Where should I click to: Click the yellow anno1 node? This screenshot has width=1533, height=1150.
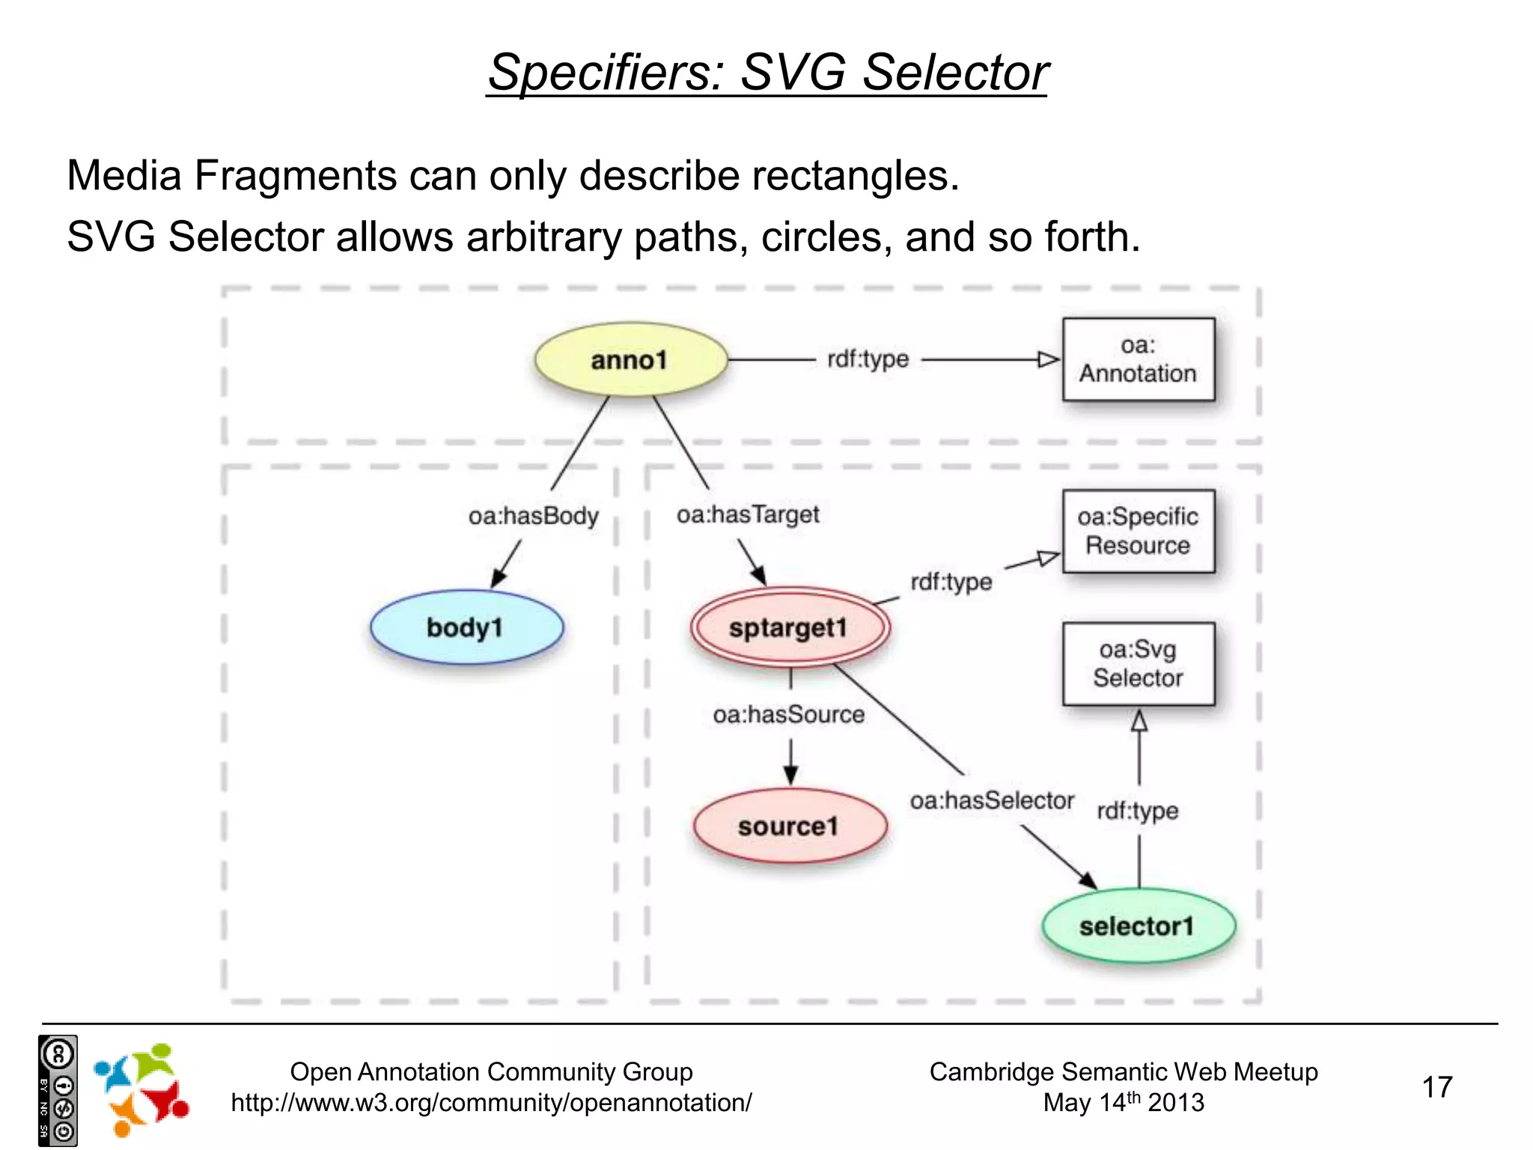(630, 360)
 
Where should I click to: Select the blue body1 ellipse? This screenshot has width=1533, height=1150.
(466, 627)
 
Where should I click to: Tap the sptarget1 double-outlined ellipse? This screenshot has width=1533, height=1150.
(790, 627)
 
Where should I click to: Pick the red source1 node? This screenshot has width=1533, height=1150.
(790, 826)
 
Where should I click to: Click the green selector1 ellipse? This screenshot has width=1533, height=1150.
(1138, 926)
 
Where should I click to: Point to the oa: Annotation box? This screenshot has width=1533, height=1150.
(1138, 359)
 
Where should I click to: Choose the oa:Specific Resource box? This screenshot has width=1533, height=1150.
(1138, 531)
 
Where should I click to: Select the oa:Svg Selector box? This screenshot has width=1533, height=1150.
(1138, 663)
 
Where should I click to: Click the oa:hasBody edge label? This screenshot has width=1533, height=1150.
(533, 516)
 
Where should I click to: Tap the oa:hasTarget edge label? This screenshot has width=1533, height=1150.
(748, 514)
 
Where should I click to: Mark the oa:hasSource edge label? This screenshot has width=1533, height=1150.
(789, 714)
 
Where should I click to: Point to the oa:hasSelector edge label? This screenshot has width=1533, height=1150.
(992, 800)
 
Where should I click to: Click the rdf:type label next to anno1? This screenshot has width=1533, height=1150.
(868, 359)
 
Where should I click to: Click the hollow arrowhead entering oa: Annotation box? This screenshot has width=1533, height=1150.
(1049, 359)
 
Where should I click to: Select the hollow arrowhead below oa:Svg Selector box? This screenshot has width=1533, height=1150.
(1139, 721)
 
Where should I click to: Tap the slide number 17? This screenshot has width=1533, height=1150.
(1436, 1087)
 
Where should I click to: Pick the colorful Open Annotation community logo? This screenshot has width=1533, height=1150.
(141, 1089)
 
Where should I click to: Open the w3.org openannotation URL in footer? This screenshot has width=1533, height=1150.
(491, 1103)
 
